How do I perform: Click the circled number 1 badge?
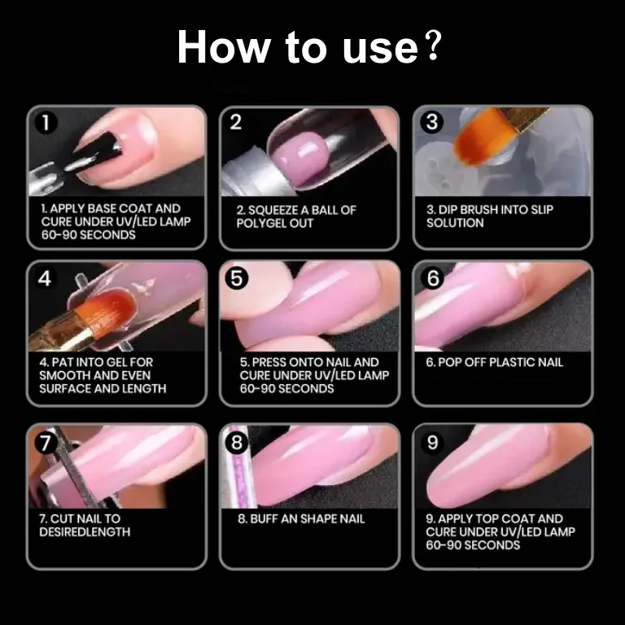point(46,122)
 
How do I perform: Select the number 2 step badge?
point(235,122)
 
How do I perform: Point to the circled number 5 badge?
point(236,278)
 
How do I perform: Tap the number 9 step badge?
point(432,443)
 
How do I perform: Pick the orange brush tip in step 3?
point(483,138)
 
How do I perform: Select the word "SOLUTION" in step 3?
point(455,223)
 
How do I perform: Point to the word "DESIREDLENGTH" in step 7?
point(85,531)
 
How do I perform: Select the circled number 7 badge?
point(46,443)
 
